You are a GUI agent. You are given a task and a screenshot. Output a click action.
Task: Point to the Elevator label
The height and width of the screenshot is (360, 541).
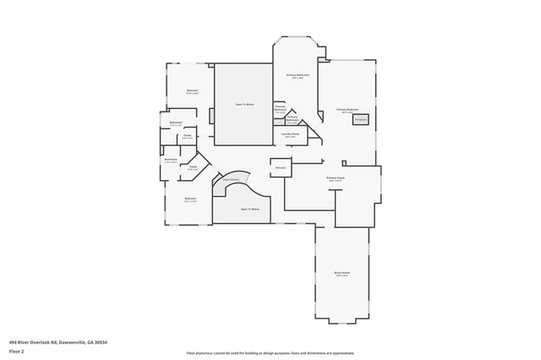(x=280, y=168)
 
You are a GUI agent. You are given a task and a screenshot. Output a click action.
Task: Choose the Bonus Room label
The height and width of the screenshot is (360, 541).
(x=342, y=273)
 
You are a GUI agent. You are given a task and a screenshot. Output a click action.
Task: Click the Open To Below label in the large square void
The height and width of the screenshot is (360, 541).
(x=244, y=105)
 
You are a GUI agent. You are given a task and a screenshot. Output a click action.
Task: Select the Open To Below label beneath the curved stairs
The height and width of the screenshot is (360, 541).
(x=250, y=209)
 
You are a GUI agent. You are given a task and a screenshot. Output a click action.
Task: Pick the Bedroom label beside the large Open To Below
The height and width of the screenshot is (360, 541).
(x=193, y=91)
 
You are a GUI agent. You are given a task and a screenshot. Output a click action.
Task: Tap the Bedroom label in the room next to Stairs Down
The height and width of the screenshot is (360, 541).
(x=190, y=199)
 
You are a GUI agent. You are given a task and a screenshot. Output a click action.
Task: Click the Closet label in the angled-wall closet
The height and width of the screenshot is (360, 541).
(x=193, y=167)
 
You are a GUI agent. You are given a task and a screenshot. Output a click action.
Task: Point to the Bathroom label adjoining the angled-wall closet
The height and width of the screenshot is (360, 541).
(x=171, y=160)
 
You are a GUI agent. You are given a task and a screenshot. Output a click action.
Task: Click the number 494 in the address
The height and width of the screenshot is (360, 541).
(x=14, y=342)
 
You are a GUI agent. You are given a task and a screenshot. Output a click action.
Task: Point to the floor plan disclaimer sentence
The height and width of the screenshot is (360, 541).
(x=270, y=353)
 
